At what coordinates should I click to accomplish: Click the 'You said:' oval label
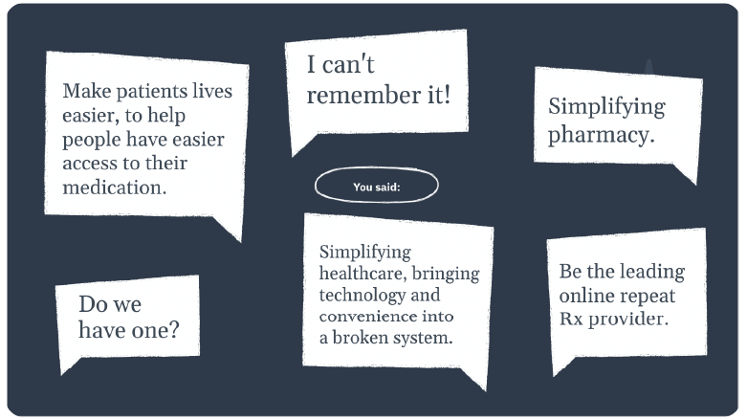click(x=376, y=185)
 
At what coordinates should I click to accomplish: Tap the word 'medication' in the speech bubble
click(x=113, y=188)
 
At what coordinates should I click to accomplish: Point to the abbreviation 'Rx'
click(x=571, y=319)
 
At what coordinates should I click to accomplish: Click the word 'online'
click(x=584, y=296)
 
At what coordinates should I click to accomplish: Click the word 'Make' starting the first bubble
click(x=87, y=91)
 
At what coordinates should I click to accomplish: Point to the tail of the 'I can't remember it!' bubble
click(x=301, y=144)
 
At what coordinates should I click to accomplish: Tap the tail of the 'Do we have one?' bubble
click(x=69, y=365)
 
